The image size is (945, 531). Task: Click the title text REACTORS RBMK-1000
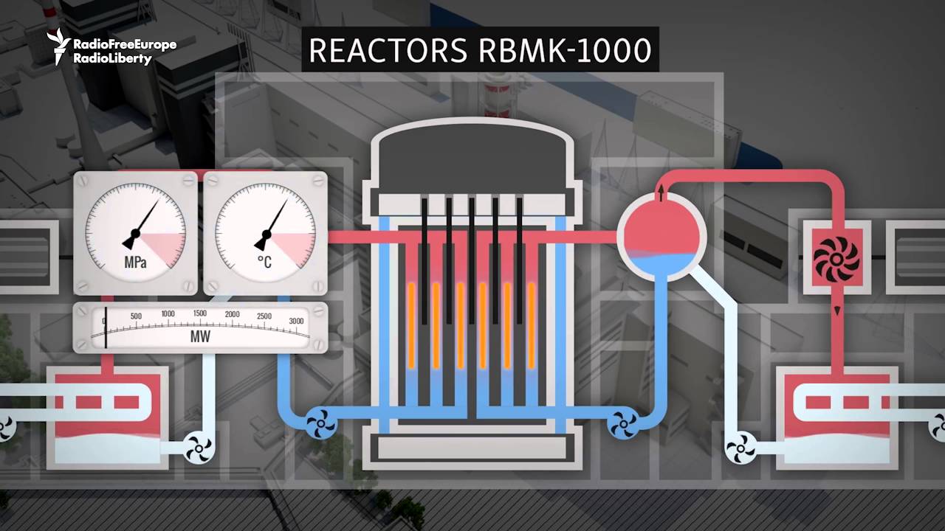480,49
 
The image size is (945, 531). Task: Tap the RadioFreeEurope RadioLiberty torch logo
58,46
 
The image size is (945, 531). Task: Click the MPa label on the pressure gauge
135,263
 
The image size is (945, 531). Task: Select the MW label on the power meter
200,337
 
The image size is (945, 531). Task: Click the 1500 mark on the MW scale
200,313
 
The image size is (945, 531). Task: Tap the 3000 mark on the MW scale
296,321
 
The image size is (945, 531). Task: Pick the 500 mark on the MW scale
136,316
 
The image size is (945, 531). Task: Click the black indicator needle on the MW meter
106,328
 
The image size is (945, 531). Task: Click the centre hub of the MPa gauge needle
135,233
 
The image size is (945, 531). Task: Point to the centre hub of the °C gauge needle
267,234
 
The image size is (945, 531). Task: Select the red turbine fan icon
836,259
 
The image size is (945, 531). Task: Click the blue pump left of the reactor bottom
321,423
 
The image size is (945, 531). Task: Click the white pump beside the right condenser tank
740,448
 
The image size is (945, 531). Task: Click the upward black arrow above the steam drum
661,193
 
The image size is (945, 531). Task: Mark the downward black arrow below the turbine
837,310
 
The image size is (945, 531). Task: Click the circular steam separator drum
661,237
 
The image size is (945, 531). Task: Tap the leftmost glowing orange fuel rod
411,326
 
